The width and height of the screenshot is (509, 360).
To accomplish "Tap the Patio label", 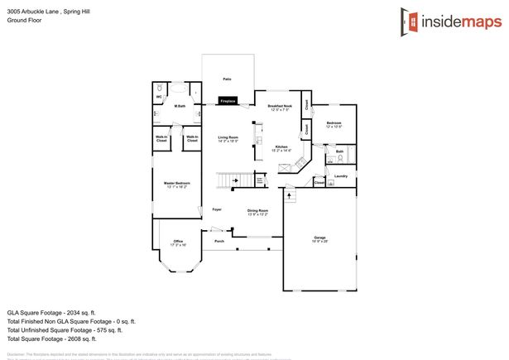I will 227,79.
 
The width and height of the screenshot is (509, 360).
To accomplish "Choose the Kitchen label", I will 281,148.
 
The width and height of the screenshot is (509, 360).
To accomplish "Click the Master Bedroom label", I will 176,184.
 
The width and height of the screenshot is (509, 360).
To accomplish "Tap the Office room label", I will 178,242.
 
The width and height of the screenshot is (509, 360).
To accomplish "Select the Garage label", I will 319,238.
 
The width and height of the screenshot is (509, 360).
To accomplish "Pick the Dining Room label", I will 257,212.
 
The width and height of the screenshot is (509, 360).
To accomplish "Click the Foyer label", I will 217,209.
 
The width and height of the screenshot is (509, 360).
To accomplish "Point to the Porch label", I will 219,241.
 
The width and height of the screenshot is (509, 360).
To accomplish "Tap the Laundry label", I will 340,176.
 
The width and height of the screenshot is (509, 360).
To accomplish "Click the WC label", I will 159,97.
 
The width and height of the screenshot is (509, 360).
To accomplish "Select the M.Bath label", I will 180,106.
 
